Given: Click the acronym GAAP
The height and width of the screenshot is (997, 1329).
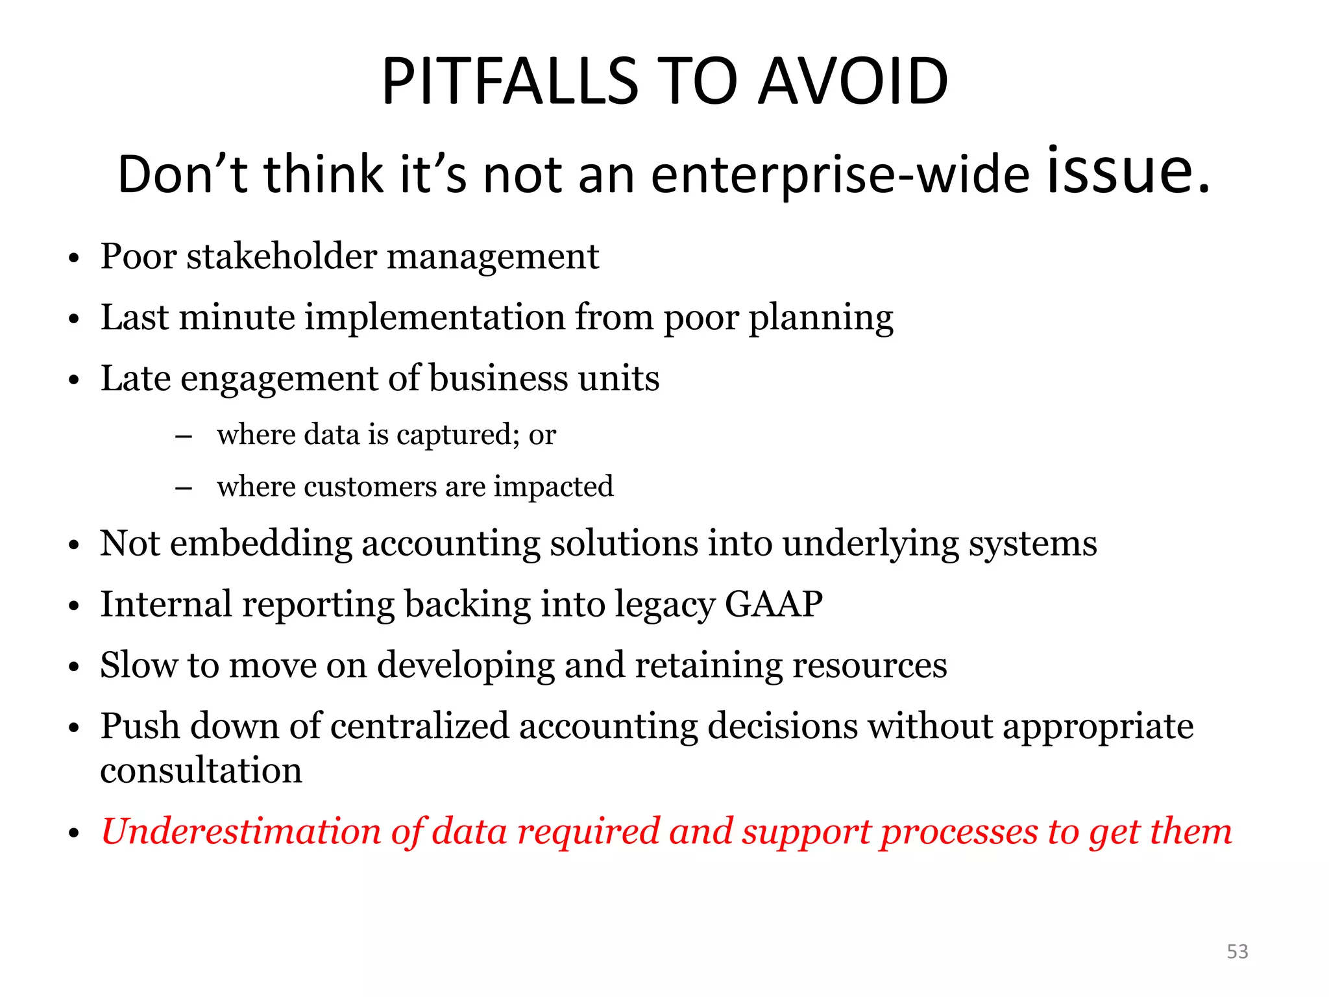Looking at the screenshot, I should pyautogui.click(x=774, y=604).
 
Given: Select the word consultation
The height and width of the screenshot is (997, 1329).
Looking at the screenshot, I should pyautogui.click(x=201, y=770).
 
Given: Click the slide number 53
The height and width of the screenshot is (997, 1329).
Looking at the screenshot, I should pyautogui.click(x=1237, y=952).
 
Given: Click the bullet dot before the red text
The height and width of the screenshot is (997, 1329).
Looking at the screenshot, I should pyautogui.click(x=74, y=833).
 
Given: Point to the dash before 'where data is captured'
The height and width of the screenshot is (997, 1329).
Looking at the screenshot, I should pyautogui.click(x=184, y=436).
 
